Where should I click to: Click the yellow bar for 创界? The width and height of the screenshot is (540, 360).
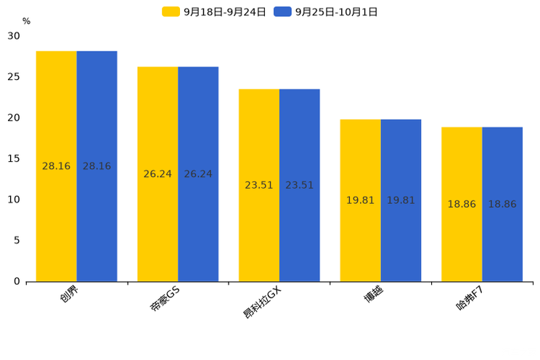click(x=57, y=166)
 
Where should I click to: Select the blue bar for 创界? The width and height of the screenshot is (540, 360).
click(x=97, y=166)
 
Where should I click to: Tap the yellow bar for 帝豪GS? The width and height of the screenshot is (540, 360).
click(x=157, y=174)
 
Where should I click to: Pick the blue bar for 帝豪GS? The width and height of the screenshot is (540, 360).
click(x=198, y=174)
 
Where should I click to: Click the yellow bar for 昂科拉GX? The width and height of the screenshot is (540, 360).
click(x=259, y=185)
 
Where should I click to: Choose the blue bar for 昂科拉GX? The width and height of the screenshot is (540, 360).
click(x=300, y=185)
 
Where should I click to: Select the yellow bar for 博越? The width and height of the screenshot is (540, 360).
click(x=361, y=200)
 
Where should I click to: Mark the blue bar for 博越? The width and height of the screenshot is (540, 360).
click(x=401, y=200)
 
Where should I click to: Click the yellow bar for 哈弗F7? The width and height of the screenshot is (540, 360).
click(x=462, y=204)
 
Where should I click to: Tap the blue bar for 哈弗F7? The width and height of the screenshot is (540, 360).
click(x=502, y=204)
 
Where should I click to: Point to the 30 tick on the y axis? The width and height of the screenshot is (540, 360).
click(x=15, y=36)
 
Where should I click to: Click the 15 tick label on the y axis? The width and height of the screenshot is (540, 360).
click(x=15, y=158)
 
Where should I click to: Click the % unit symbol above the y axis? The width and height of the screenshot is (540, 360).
click(x=26, y=21)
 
